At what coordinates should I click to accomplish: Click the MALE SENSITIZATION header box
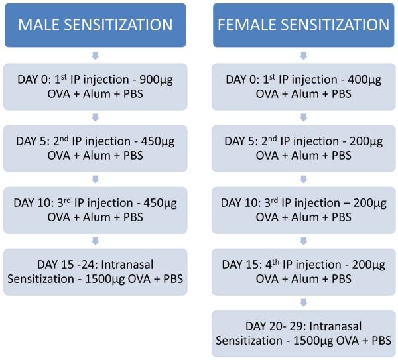point(96,25)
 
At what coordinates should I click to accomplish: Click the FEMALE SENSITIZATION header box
point(302,25)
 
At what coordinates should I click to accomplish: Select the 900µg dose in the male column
point(159,80)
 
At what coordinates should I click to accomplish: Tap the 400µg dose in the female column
point(365,80)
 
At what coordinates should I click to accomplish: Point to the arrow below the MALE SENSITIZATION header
point(96,56)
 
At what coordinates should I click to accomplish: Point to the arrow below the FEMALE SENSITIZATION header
point(302,56)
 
